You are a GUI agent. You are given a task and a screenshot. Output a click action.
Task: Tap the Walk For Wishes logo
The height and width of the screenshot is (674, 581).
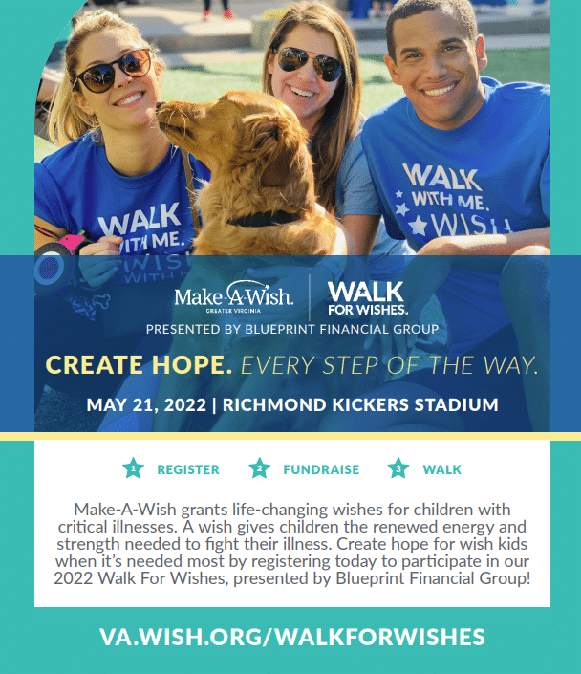point(367,298)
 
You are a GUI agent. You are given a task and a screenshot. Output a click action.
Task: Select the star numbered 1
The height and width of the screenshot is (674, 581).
point(133,468)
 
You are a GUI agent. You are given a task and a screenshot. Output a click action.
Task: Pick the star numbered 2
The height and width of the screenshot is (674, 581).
point(260,468)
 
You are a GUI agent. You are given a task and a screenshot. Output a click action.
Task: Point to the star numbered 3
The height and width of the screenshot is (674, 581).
point(398,468)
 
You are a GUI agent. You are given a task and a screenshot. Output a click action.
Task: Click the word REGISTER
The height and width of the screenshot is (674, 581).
point(188,469)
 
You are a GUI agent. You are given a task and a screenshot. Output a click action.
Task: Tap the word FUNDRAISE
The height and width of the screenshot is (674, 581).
point(321,469)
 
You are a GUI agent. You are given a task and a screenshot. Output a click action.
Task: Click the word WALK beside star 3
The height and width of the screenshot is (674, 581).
point(441,469)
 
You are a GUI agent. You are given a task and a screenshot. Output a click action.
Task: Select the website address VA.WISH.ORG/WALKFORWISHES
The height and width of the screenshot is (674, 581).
point(292,637)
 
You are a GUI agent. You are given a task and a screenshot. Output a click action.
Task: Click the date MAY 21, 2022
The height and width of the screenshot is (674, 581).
point(146,405)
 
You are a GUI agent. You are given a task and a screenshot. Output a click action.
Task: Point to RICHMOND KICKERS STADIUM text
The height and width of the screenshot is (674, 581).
point(360,405)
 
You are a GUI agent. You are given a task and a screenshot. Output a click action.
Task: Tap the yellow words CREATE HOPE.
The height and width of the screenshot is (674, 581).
point(139,365)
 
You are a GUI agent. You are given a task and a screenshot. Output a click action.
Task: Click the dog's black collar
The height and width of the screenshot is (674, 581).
point(263,219)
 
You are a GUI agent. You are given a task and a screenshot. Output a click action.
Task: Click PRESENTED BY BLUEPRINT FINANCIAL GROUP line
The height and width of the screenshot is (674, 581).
point(292,329)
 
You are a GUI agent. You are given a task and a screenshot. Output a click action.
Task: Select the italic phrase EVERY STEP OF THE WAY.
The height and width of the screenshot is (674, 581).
point(389,365)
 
